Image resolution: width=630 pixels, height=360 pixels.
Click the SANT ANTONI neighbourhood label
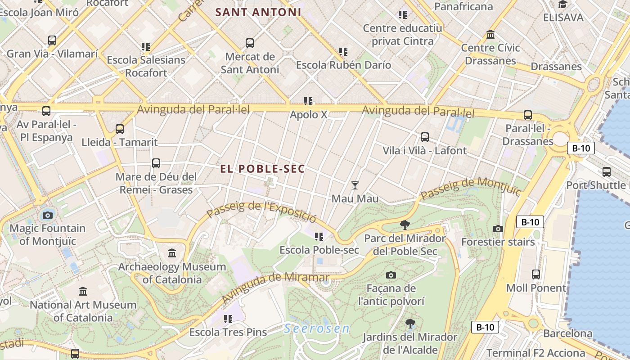point(258,12)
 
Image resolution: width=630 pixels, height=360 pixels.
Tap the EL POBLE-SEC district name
point(263,169)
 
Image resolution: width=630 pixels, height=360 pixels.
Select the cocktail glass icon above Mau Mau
point(355,185)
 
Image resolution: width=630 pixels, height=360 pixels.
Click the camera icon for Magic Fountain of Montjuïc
point(48,215)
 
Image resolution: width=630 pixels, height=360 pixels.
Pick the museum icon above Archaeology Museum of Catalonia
point(172,253)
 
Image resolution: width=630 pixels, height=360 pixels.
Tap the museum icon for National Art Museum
point(83,292)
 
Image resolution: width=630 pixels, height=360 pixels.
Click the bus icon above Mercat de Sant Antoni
point(250,43)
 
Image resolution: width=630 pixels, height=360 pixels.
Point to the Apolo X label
point(309,115)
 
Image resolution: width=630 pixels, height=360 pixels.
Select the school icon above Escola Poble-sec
point(319,236)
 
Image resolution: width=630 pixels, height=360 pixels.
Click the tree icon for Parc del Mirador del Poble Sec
point(405,225)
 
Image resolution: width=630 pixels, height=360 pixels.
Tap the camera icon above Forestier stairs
point(498,229)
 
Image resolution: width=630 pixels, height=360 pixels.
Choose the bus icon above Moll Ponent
point(536,274)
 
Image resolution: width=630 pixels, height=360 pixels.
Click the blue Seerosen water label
point(317,328)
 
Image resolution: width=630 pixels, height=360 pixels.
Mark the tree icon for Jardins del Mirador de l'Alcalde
point(410,323)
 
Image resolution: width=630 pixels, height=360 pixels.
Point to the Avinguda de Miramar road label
point(275,287)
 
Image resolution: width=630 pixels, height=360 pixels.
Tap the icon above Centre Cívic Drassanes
point(490,34)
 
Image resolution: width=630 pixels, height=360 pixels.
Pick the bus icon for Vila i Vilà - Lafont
point(425,137)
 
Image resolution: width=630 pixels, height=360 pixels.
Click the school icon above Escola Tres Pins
point(228,319)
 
